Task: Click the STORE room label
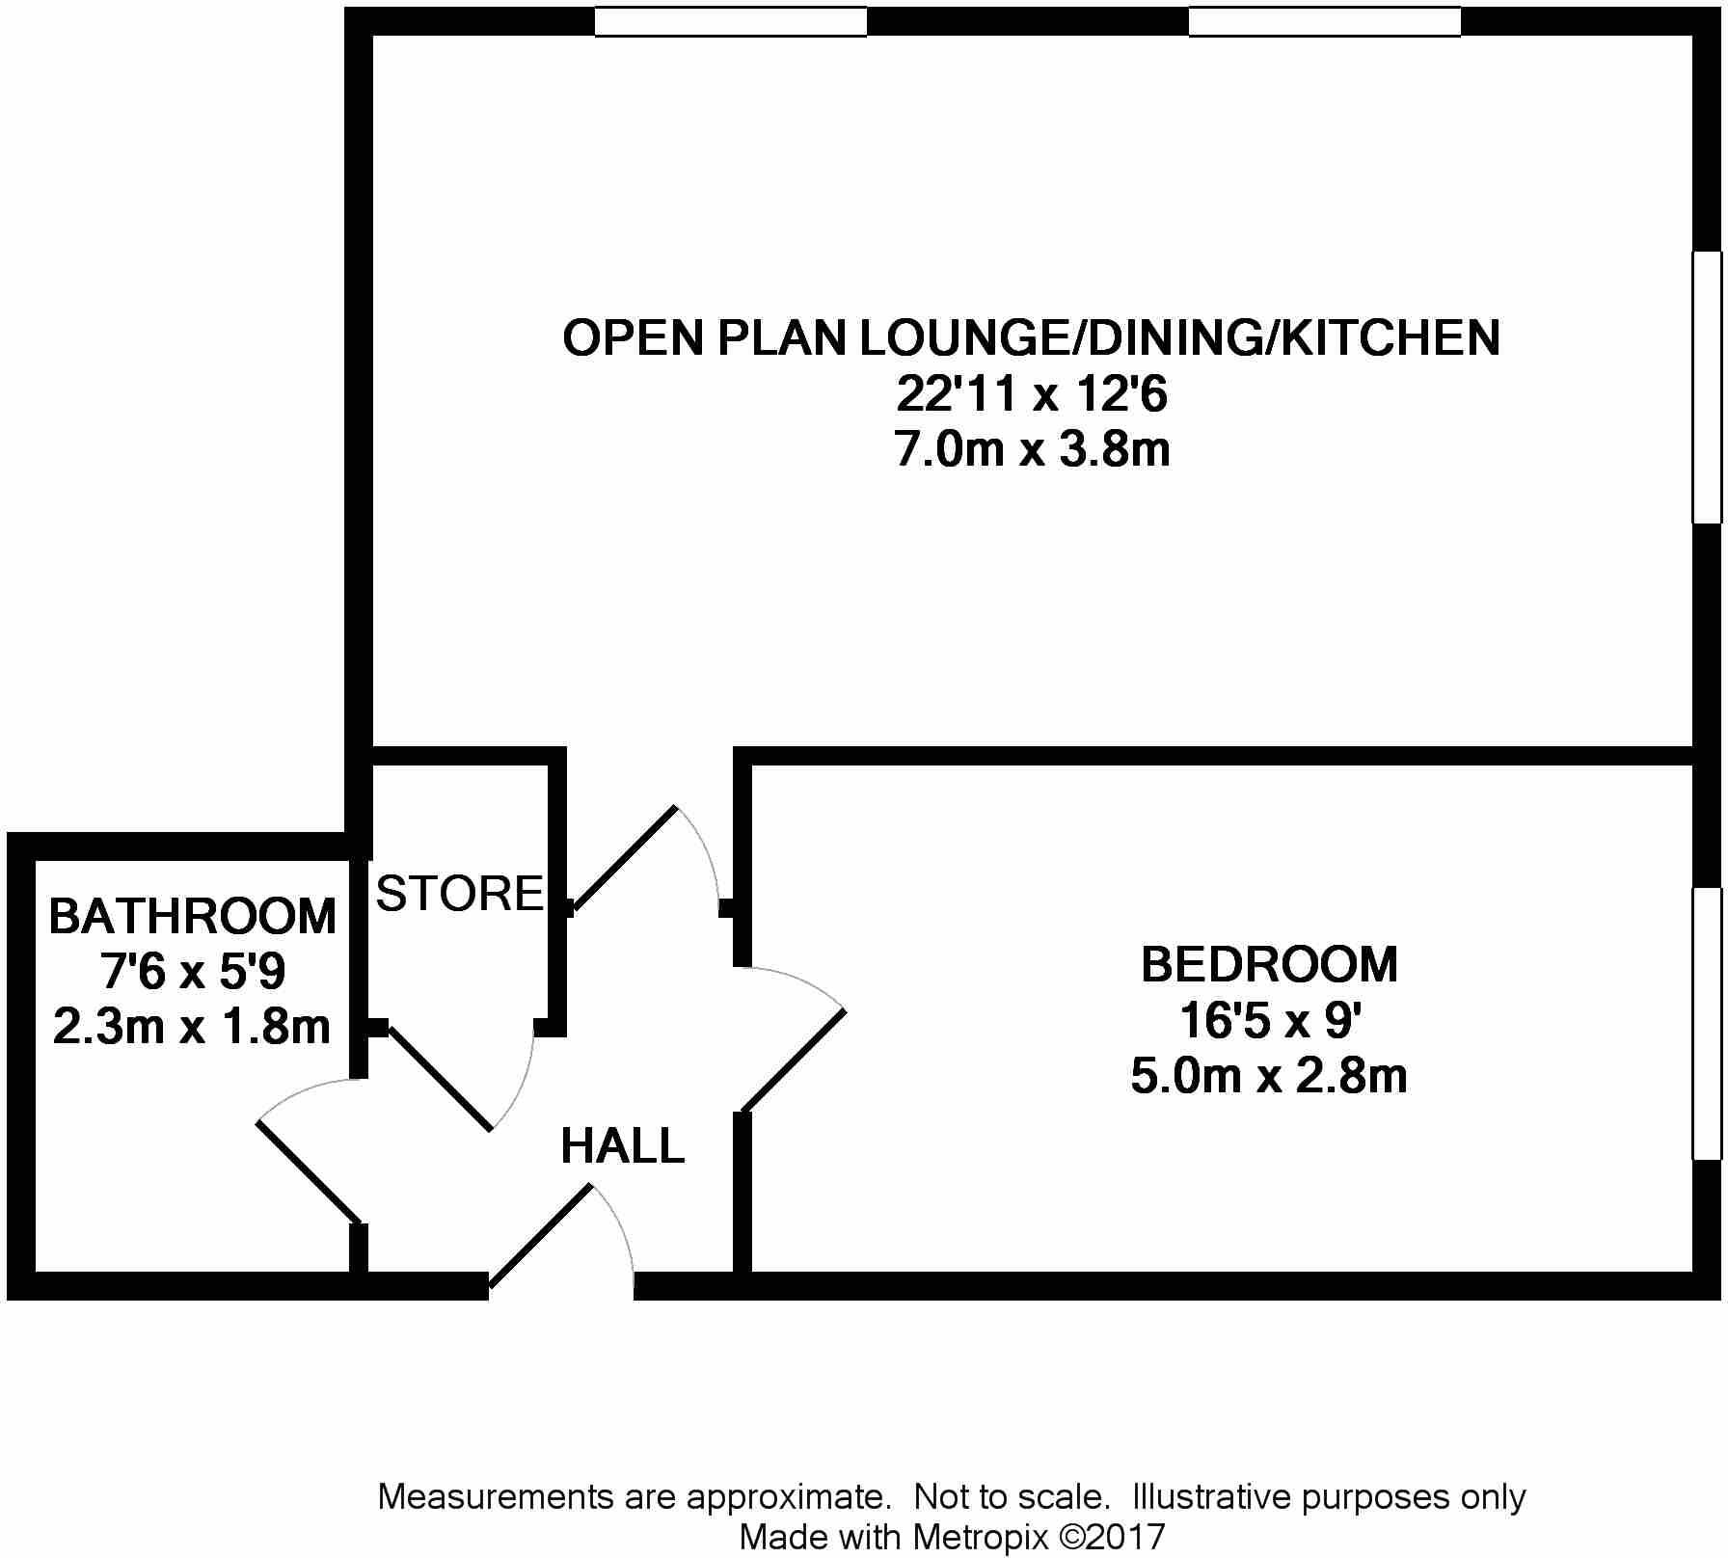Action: [460, 894]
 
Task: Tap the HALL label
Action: [623, 1146]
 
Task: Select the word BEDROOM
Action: [1269, 964]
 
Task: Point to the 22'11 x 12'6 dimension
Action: [1032, 394]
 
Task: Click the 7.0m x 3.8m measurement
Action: [1032, 450]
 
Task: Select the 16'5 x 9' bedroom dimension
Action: [1269, 1020]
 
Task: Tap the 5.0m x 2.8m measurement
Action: [1269, 1076]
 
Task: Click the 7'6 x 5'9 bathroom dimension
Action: [193, 972]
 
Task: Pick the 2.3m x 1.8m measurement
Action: [193, 1028]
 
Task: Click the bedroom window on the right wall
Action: [1707, 1023]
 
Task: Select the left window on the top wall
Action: [730, 21]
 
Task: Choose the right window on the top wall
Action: [1324, 21]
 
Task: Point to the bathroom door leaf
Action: [309, 1172]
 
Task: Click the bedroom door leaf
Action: [794, 1060]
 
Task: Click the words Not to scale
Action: [1011, 1497]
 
